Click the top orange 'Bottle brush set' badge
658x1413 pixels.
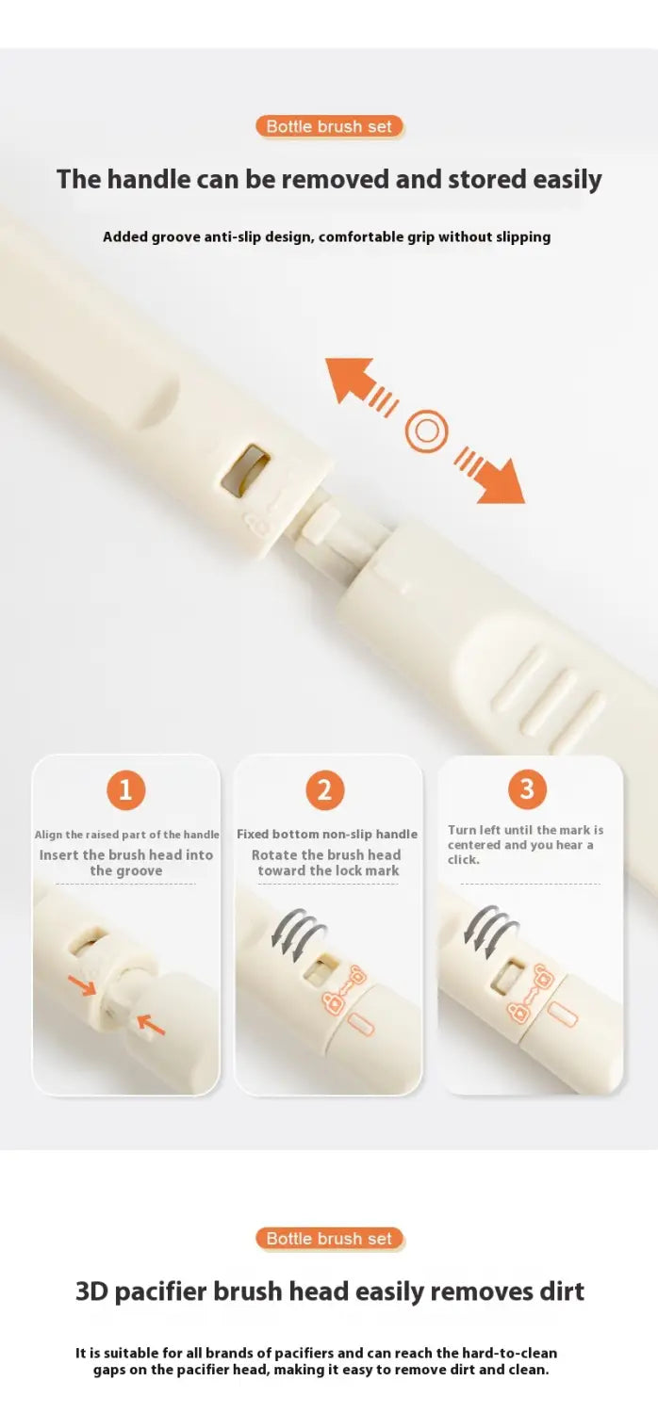click(329, 126)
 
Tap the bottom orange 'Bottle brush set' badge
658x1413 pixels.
click(329, 1239)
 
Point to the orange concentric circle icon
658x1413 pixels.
click(426, 431)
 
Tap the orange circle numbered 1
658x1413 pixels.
click(125, 789)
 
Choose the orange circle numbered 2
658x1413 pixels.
click(324, 789)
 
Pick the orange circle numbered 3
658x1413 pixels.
click(527, 789)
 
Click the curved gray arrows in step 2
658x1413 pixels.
click(299, 934)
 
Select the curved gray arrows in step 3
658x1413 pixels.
click(490, 932)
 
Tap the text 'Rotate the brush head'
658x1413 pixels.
click(326, 854)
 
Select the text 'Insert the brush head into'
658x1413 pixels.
click(126, 854)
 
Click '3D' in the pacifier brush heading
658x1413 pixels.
click(91, 1291)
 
